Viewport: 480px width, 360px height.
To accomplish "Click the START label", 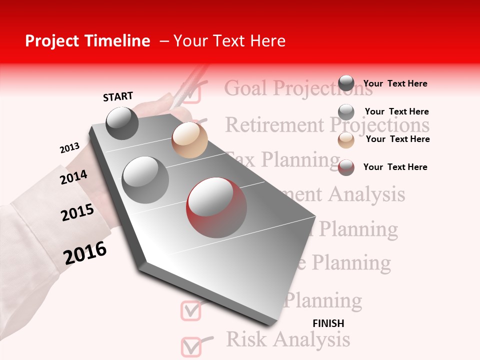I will point(118,96).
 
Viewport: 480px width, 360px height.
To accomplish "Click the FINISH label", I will point(328,323).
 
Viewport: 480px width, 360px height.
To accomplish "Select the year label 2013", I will point(69,148).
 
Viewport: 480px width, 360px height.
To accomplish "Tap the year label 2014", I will point(73,177).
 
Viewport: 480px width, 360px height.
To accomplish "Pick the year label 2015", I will point(77,212).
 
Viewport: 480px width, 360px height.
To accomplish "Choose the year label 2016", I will point(85,253).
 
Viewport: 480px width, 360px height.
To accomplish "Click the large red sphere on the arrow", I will point(216,207).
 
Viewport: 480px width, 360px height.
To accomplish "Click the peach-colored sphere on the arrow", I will point(189,139).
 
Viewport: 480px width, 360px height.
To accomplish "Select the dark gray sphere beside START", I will point(122,123).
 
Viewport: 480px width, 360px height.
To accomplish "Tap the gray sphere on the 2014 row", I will point(145,179).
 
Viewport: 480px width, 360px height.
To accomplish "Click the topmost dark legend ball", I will point(346,83).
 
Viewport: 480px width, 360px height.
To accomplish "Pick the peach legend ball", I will point(346,140).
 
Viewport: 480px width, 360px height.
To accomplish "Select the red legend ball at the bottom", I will point(346,167).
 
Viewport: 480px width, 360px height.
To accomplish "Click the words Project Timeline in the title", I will point(87,41).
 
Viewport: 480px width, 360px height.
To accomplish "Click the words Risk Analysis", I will point(288,339).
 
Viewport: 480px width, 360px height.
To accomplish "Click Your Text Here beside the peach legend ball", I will point(397,139).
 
